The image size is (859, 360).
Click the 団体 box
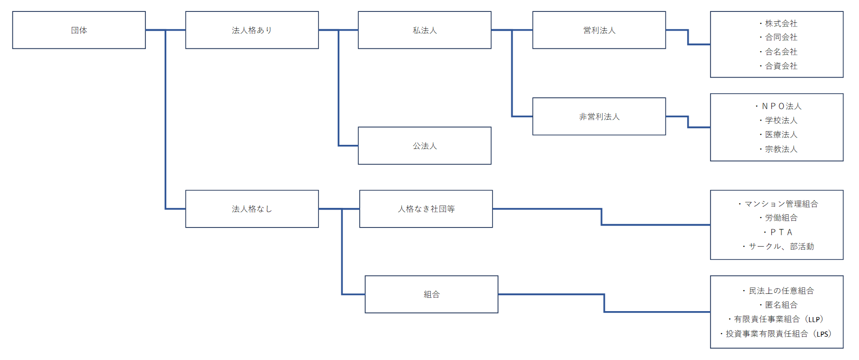point(79,30)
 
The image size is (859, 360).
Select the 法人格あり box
point(252,30)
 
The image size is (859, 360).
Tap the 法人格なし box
point(252,209)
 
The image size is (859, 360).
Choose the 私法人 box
point(424,30)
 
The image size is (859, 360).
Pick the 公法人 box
point(424,146)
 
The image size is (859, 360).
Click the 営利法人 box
point(599,30)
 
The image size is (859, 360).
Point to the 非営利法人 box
point(599,116)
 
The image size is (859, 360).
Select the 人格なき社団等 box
point(426,209)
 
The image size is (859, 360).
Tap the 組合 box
point(431,294)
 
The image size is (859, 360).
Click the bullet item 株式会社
point(780,23)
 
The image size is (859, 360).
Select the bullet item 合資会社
point(780,66)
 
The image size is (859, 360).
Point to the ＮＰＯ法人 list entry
point(780,106)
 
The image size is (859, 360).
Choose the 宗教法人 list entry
point(780,149)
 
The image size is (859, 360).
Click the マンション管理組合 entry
point(780,204)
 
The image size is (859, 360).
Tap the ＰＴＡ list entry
point(780,232)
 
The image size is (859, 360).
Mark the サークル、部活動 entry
point(780,246)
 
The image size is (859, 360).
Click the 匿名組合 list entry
point(780,305)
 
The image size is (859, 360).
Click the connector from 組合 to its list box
point(604,303)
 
